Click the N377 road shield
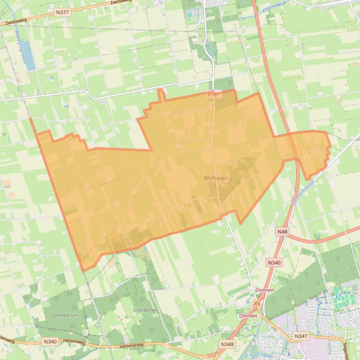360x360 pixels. pyautogui.click(x=62, y=12)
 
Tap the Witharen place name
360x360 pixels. pyautogui.click(x=216, y=178)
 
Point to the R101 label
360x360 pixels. pyautogui.click(x=213, y=95)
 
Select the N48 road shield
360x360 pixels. pyautogui.click(x=282, y=232)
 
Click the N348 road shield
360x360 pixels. pyautogui.click(x=227, y=344)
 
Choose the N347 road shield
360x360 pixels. pyautogui.click(x=301, y=336)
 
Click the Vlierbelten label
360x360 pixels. pyautogui.click(x=145, y=310)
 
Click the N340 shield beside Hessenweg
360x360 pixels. pyautogui.click(x=50, y=342)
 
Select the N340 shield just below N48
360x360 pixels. pyautogui.click(x=274, y=263)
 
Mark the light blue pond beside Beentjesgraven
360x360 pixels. pyautogui.click(x=29, y=56)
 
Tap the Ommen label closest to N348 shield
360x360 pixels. pyautogui.click(x=248, y=316)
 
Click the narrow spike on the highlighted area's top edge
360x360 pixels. pyautogui.click(x=161, y=94)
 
